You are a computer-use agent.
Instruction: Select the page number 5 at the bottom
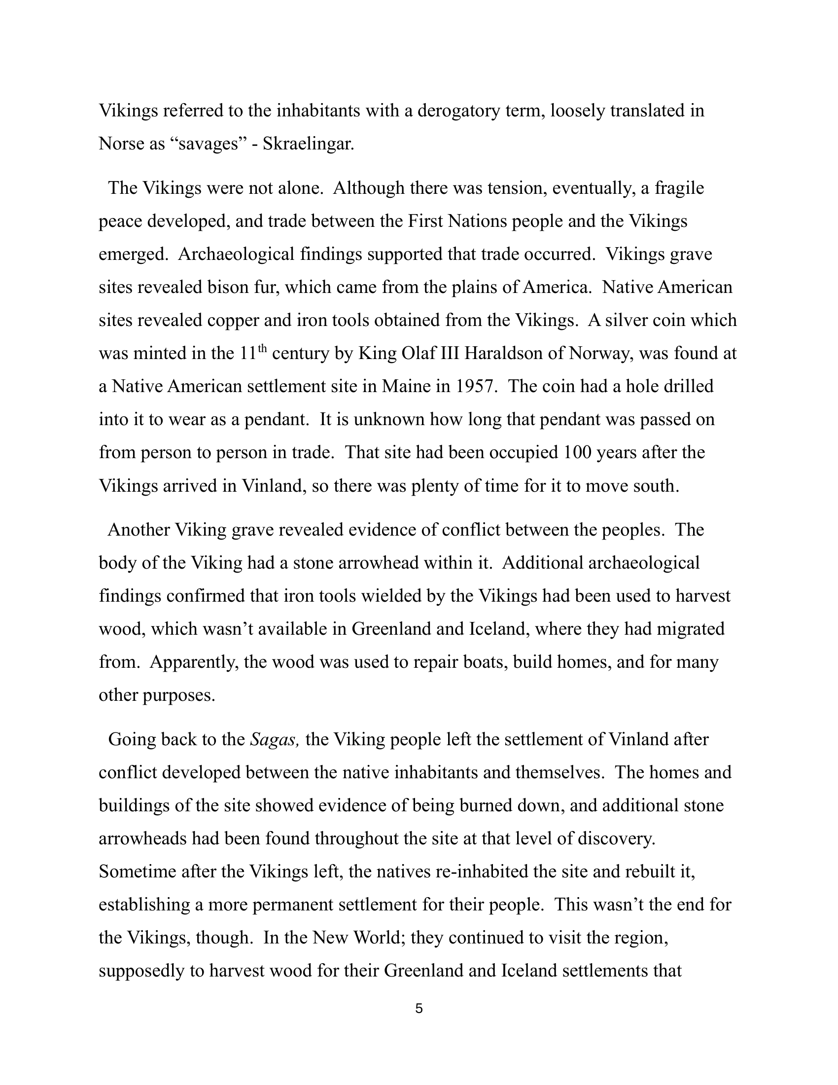pos(419,1009)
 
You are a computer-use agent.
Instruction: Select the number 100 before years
pos(578,453)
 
